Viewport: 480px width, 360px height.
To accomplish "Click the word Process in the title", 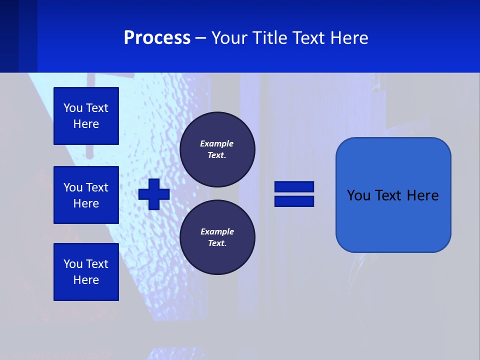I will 157,38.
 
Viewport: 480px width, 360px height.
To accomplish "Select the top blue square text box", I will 86,116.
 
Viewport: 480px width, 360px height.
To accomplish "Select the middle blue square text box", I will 86,195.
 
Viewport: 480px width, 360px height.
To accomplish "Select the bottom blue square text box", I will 86,272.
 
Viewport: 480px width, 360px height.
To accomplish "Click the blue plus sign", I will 154,194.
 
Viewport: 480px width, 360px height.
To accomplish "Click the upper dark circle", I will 217,149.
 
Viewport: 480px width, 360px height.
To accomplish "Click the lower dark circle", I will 217,237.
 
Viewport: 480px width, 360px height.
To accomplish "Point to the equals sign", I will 294,194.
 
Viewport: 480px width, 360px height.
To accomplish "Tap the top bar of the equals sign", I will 294,187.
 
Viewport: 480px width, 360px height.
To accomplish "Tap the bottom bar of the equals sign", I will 294,201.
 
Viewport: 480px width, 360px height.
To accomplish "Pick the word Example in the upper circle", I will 216,143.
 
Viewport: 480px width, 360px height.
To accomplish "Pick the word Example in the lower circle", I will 217,231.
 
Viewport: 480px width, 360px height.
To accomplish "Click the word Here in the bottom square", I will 86,280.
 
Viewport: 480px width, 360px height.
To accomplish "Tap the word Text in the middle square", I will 97,187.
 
